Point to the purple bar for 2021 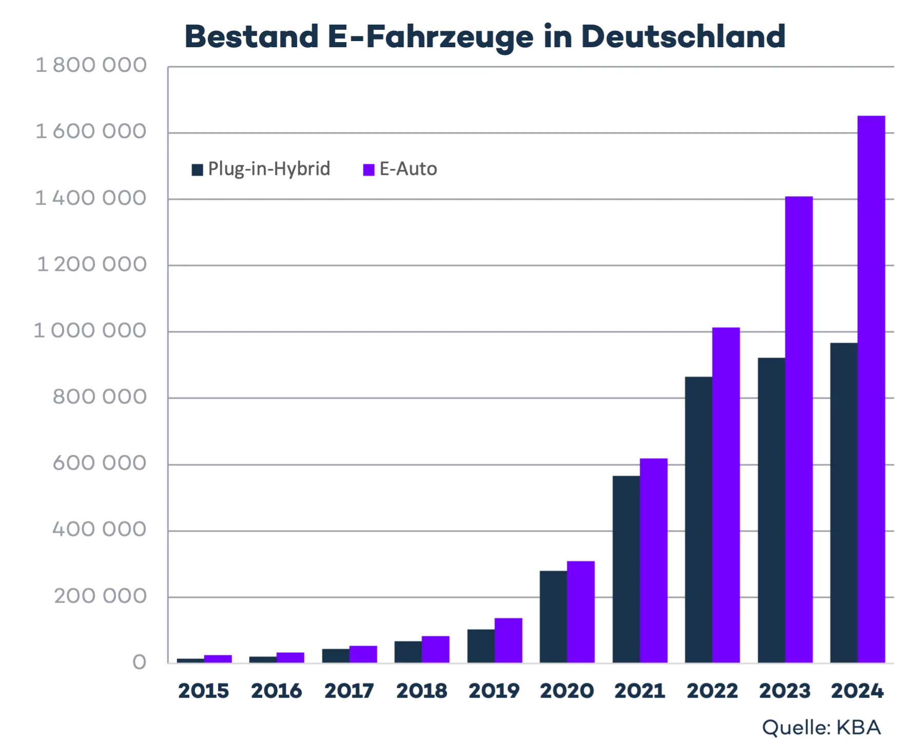(x=654, y=560)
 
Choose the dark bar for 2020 (x=552, y=615)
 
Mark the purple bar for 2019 (x=508, y=640)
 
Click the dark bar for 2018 (x=407, y=652)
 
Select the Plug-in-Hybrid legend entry (x=261, y=169)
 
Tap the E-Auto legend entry (x=401, y=169)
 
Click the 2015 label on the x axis (x=203, y=691)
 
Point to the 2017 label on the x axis (x=350, y=691)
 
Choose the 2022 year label (x=712, y=691)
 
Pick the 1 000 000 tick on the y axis (x=90, y=332)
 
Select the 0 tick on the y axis (x=139, y=663)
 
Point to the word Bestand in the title (x=251, y=36)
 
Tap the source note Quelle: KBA (x=821, y=727)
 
